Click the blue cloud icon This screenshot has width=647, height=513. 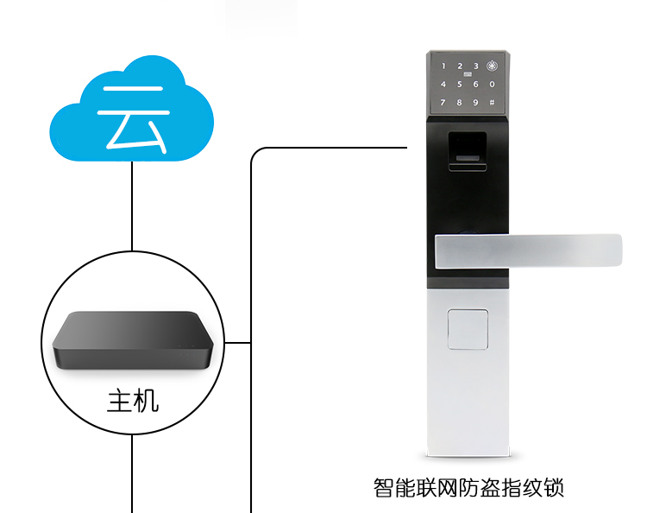pos(132,110)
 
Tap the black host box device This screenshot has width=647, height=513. pos(133,340)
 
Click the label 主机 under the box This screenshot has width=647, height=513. pos(133,402)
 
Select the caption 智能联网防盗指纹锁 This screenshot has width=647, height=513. pos(468,488)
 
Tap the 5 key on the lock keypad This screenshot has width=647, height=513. pos(459,85)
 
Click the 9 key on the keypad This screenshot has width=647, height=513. pos(475,103)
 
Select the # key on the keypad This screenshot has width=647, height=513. pos(492,103)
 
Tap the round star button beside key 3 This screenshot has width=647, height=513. pos(492,66)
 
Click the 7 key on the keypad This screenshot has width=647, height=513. pos(443,103)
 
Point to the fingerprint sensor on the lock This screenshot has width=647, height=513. pos(468,152)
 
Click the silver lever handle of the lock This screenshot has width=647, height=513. pos(528,251)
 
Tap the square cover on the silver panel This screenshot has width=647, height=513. pos(468,329)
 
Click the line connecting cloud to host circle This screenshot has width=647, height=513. pos(132,206)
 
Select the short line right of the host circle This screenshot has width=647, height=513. pos(238,342)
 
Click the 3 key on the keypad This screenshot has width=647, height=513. pos(475,66)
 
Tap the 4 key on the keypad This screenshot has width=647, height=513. pos(443,85)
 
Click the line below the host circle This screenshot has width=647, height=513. pos(132,473)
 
